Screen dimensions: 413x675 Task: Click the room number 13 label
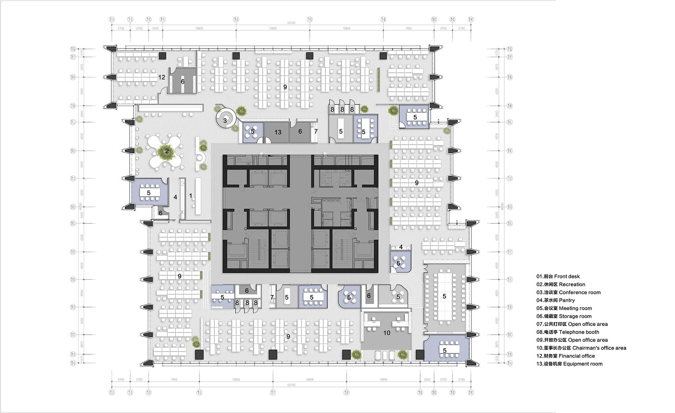tap(278, 132)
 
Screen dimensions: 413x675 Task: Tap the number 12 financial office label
tap(162, 77)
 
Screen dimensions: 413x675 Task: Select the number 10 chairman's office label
tap(387, 333)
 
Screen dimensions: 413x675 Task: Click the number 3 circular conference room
tap(225, 120)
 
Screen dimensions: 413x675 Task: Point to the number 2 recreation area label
tap(167, 151)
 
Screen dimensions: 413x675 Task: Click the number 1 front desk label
tap(191, 196)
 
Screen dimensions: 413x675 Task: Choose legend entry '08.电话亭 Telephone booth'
tap(568, 332)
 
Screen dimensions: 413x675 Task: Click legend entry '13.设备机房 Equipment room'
tap(569, 364)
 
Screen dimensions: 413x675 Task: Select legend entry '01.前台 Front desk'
tap(558, 276)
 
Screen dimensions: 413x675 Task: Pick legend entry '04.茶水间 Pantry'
tap(556, 300)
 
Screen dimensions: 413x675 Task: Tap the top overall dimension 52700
tap(291, 23)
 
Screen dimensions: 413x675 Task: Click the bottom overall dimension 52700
tap(291, 385)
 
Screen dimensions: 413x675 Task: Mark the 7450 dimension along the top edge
tap(409, 28)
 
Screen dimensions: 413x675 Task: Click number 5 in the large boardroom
tap(444, 296)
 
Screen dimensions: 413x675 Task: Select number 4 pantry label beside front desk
tap(175, 197)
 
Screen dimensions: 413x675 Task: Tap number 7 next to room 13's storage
tap(316, 132)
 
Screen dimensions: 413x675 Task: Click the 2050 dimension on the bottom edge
tap(427, 380)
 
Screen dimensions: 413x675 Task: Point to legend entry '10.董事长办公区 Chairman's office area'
tap(581, 348)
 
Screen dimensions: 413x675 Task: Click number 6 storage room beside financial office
tap(183, 82)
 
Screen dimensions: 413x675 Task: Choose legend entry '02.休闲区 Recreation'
tap(561, 284)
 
